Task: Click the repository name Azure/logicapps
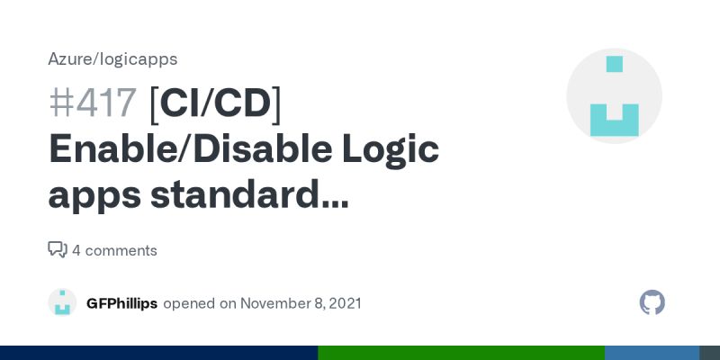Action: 112,59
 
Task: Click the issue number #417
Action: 93,103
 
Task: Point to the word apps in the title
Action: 91,193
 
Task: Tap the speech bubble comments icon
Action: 58,249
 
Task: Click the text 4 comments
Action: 114,250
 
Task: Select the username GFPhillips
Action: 121,303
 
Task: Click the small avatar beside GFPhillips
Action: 62,302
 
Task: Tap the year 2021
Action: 345,303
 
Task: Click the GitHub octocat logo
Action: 652,302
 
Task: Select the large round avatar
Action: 614,96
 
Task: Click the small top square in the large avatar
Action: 615,64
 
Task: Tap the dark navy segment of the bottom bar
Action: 158,353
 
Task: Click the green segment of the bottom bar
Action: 461,353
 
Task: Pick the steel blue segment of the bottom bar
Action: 652,353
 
